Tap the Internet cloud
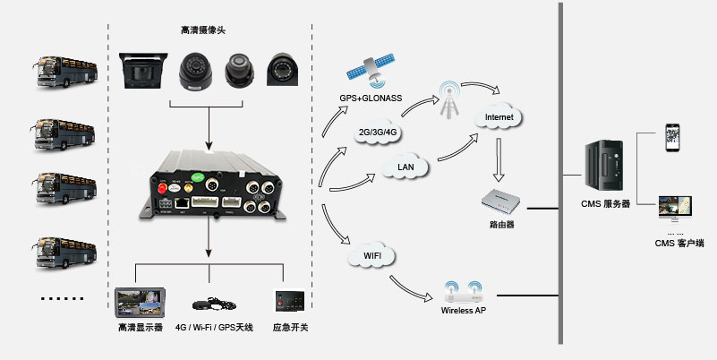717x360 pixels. click(x=499, y=116)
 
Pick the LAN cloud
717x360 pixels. click(x=405, y=167)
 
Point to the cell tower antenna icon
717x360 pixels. click(x=449, y=101)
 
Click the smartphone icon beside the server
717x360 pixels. click(x=673, y=139)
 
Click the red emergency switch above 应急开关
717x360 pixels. click(x=289, y=299)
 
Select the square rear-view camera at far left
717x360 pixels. click(x=141, y=70)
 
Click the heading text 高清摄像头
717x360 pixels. click(x=202, y=31)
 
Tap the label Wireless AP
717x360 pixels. click(x=463, y=311)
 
